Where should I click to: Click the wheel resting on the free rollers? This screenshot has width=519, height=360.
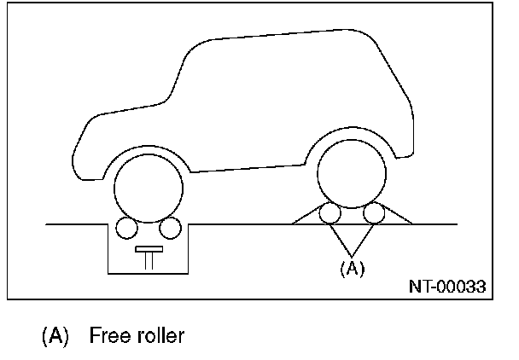(351, 174)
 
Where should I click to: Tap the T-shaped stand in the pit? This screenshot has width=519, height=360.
(149, 255)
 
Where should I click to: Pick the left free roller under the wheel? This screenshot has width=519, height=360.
(329, 215)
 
